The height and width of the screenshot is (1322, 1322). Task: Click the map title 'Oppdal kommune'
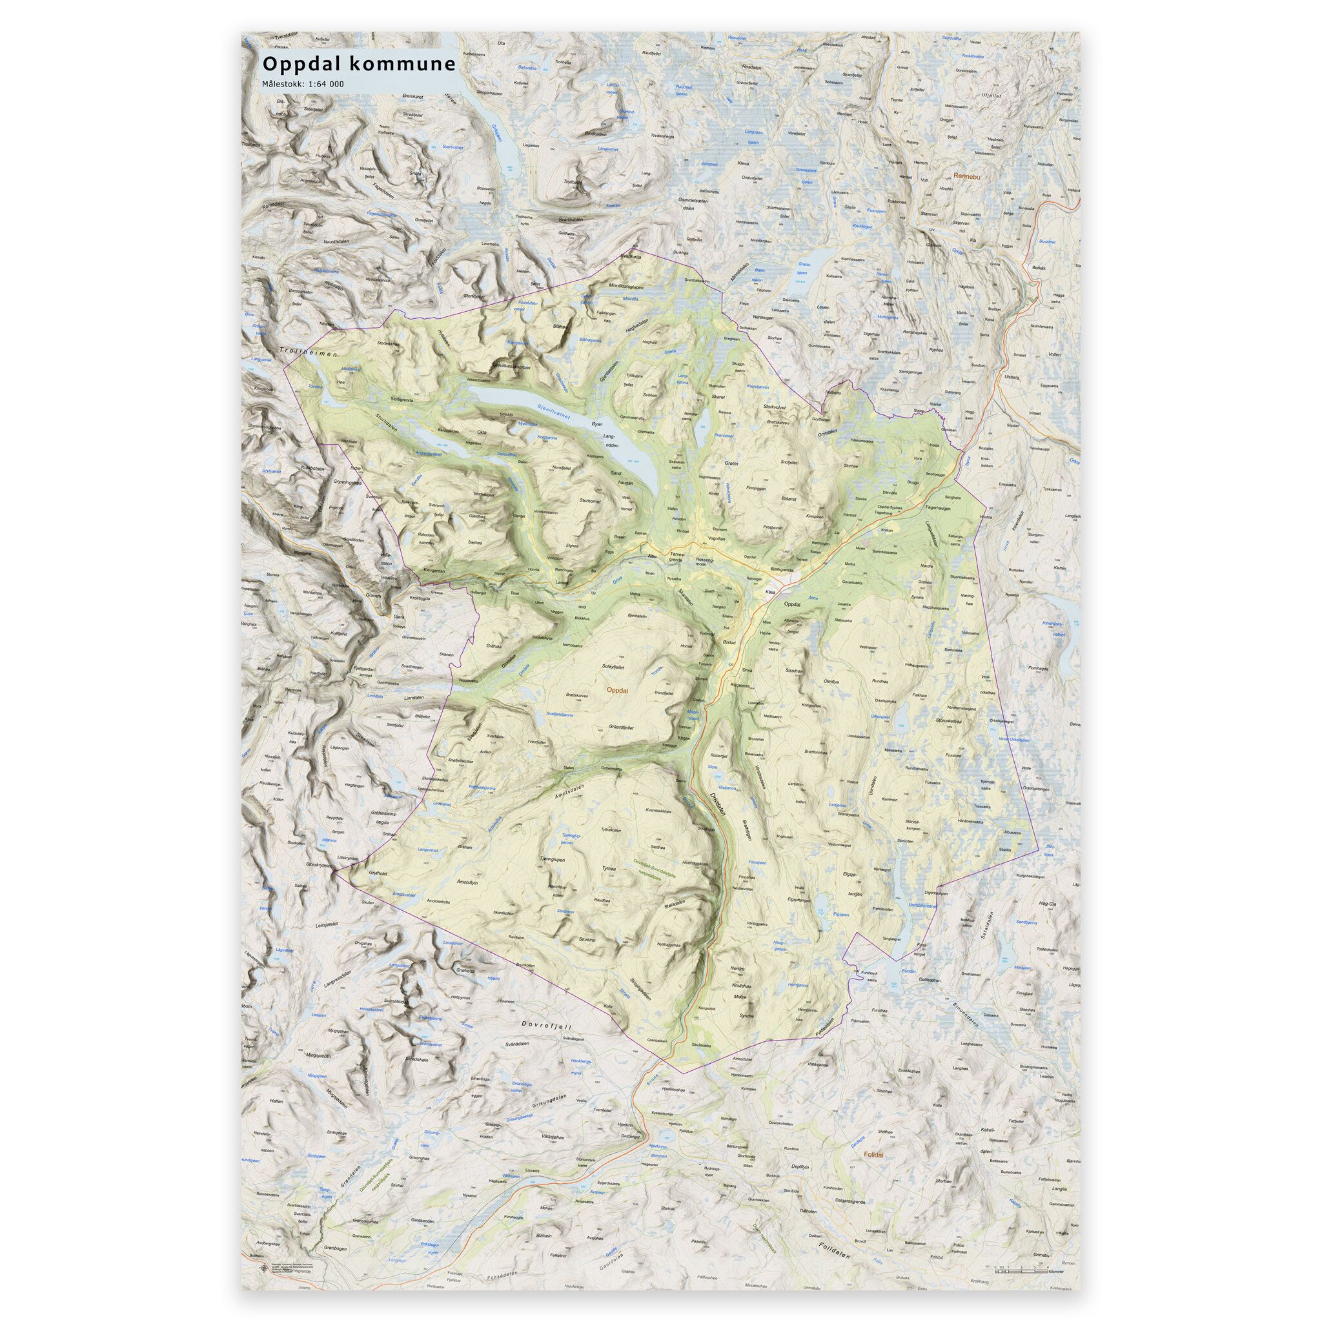coord(358,65)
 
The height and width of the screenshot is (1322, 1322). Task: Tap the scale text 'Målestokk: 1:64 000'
coord(303,84)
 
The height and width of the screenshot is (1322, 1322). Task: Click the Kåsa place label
coord(771,591)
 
